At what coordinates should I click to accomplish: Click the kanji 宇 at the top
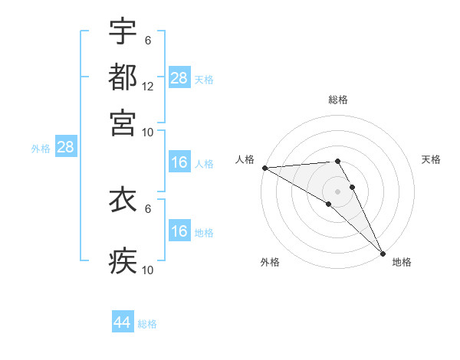(123, 31)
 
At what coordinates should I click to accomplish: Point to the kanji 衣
(123, 199)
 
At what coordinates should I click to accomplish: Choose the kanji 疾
(123, 261)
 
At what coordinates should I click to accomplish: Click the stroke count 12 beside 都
(148, 86)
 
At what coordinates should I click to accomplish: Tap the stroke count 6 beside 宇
(147, 41)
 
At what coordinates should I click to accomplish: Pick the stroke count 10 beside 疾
(148, 270)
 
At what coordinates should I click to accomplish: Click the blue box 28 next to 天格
(179, 78)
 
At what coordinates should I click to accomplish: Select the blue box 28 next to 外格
(65, 148)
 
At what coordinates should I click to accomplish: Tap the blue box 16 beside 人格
(179, 162)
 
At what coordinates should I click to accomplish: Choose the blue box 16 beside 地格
(179, 231)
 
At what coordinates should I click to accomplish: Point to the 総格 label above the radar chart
(338, 100)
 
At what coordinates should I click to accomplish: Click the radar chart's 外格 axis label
(270, 263)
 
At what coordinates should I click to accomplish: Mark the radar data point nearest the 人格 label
(264, 168)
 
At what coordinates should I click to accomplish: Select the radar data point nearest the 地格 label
(382, 252)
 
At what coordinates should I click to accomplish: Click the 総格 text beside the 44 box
(147, 324)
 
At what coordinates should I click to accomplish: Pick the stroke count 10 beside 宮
(148, 131)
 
